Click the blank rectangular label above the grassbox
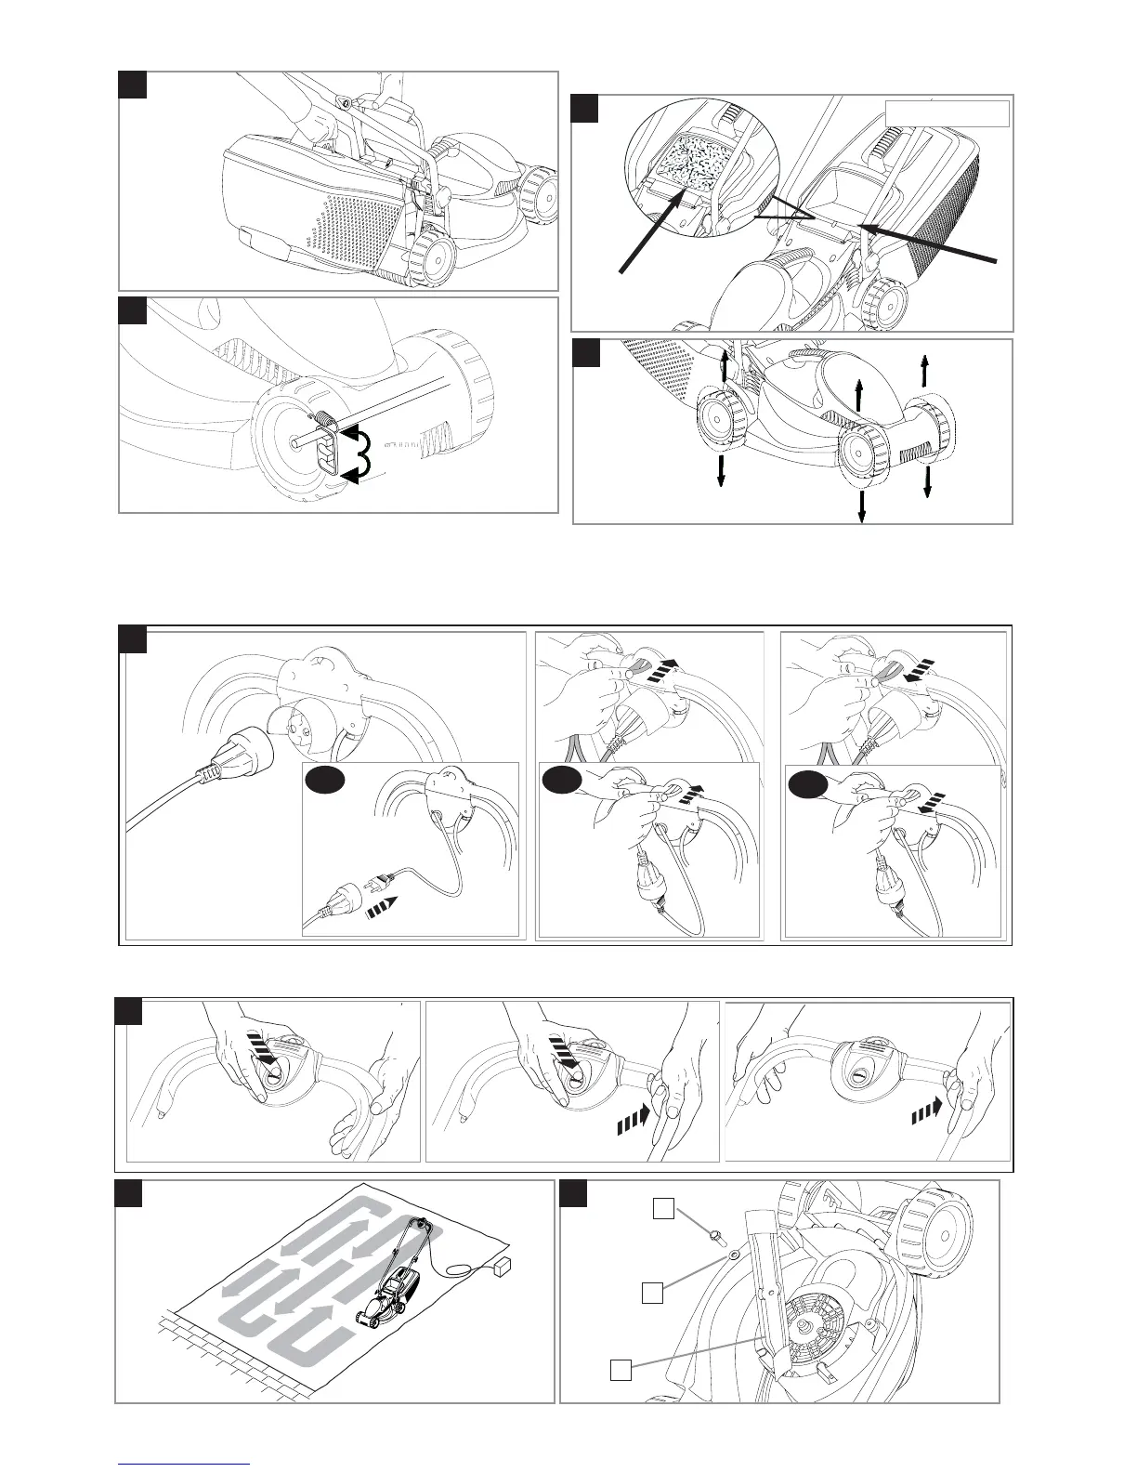coord(947,112)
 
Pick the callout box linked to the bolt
coord(663,1208)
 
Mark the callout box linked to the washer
coord(653,1292)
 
